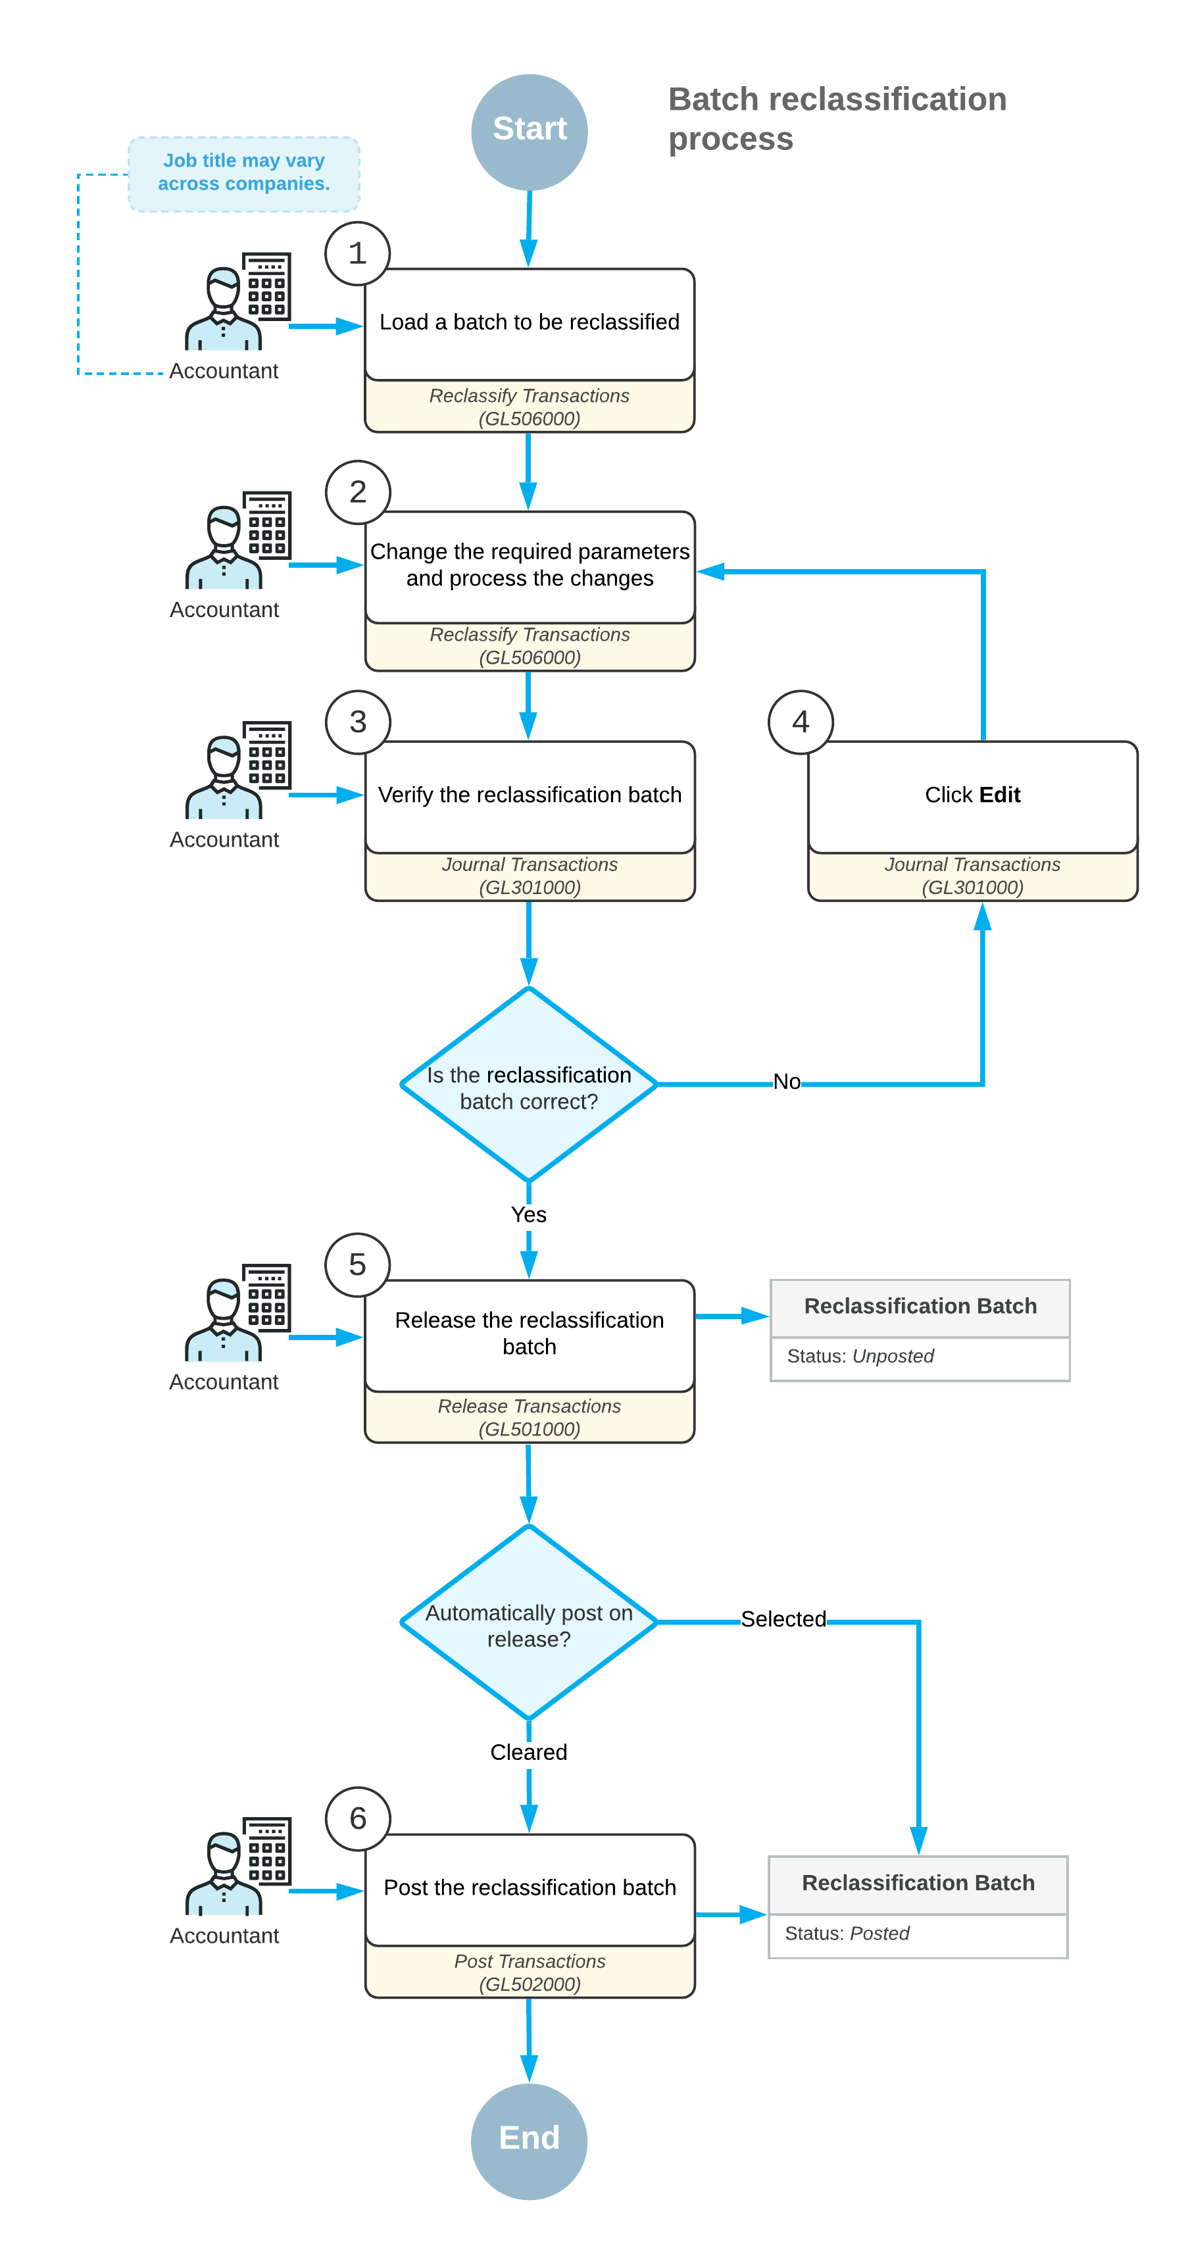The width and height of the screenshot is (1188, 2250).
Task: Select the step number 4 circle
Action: point(800,722)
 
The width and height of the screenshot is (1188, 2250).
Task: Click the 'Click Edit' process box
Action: point(972,795)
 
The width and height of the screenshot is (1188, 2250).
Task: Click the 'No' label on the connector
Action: point(786,1082)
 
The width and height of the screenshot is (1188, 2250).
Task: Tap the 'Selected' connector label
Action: point(783,1618)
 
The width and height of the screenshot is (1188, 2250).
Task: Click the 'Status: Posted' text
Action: point(847,1933)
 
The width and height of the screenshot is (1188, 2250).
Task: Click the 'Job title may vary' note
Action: point(243,173)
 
